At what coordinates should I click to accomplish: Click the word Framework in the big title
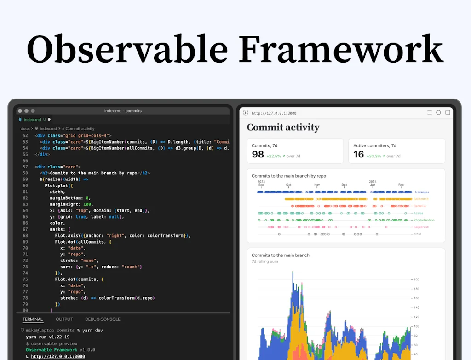(x=341, y=49)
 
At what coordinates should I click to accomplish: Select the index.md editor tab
(x=32, y=120)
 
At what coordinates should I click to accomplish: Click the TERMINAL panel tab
(x=32, y=319)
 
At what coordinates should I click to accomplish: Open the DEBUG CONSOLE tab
(x=103, y=319)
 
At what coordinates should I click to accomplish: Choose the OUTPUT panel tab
(x=64, y=319)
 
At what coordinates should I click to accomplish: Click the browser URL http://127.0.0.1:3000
(x=274, y=113)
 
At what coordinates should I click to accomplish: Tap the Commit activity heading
(x=283, y=128)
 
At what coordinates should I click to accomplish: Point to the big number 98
(x=258, y=155)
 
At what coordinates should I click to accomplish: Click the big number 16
(x=359, y=155)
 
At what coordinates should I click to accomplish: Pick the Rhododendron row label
(x=424, y=220)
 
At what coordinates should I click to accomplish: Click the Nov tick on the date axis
(x=316, y=185)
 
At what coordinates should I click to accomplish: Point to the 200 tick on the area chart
(x=416, y=279)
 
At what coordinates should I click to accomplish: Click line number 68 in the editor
(x=25, y=235)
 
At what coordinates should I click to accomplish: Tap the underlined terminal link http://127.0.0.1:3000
(x=58, y=356)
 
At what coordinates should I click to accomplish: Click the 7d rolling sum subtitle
(x=265, y=261)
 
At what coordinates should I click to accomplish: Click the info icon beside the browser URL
(x=246, y=113)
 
